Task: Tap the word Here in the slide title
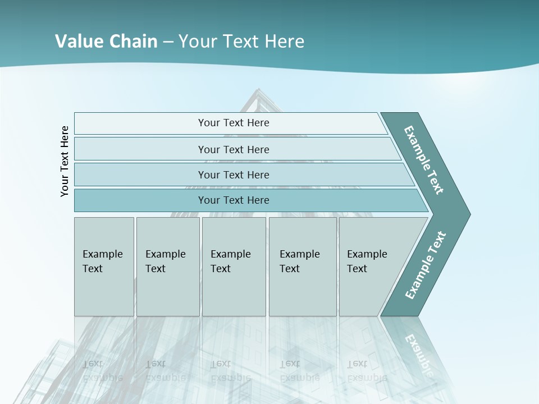(x=284, y=42)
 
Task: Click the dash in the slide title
(x=168, y=42)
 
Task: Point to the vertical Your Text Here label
(x=65, y=161)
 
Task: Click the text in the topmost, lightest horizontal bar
(x=234, y=123)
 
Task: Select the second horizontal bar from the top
(x=234, y=149)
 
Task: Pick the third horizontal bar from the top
(x=234, y=175)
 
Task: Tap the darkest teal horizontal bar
(x=234, y=200)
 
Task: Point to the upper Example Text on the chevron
(x=424, y=160)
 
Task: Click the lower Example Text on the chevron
(x=425, y=265)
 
